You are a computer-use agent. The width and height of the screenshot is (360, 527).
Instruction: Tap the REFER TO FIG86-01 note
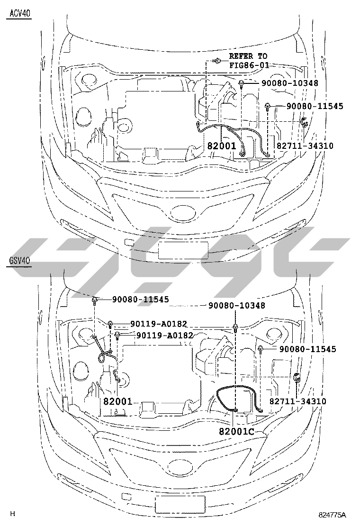pyautogui.click(x=249, y=61)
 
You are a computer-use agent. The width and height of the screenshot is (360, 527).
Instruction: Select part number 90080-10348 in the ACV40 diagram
pyautogui.click(x=289, y=82)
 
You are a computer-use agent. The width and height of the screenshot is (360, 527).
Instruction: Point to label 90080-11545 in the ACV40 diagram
pyautogui.click(x=315, y=106)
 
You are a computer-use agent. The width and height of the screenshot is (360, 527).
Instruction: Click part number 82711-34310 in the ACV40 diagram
pyautogui.click(x=305, y=145)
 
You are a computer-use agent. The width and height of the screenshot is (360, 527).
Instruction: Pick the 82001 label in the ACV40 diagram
pyautogui.click(x=222, y=145)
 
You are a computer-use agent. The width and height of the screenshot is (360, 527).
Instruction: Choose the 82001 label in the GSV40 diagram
pyautogui.click(x=117, y=401)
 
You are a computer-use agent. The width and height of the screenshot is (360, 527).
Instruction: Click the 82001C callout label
pyautogui.click(x=236, y=431)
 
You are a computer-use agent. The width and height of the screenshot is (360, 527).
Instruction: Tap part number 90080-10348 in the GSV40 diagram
pyautogui.click(x=237, y=305)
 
